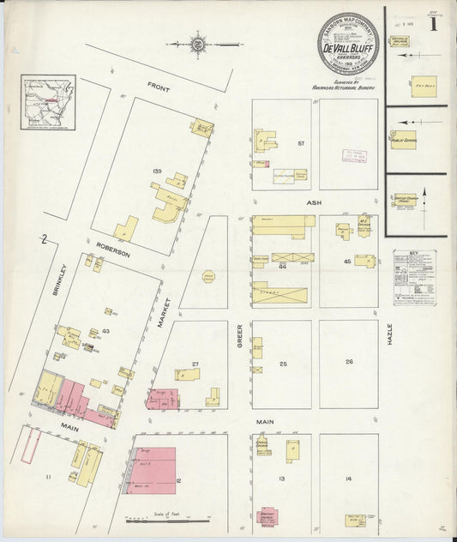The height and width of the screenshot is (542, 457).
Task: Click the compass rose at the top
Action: coord(198,41)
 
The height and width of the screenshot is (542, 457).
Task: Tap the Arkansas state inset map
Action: coord(48,103)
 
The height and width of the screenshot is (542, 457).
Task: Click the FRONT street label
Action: coord(159,86)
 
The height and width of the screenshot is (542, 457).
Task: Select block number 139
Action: coord(156,172)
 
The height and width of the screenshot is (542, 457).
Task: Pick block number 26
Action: coord(349,362)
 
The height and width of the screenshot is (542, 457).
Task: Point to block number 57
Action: coord(301,142)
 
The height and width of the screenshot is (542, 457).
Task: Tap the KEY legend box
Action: coord(414,278)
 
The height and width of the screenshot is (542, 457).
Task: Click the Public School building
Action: coord(403,139)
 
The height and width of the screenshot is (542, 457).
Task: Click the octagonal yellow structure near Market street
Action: coord(207,276)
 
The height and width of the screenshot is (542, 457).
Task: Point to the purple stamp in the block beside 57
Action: coord(354,155)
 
